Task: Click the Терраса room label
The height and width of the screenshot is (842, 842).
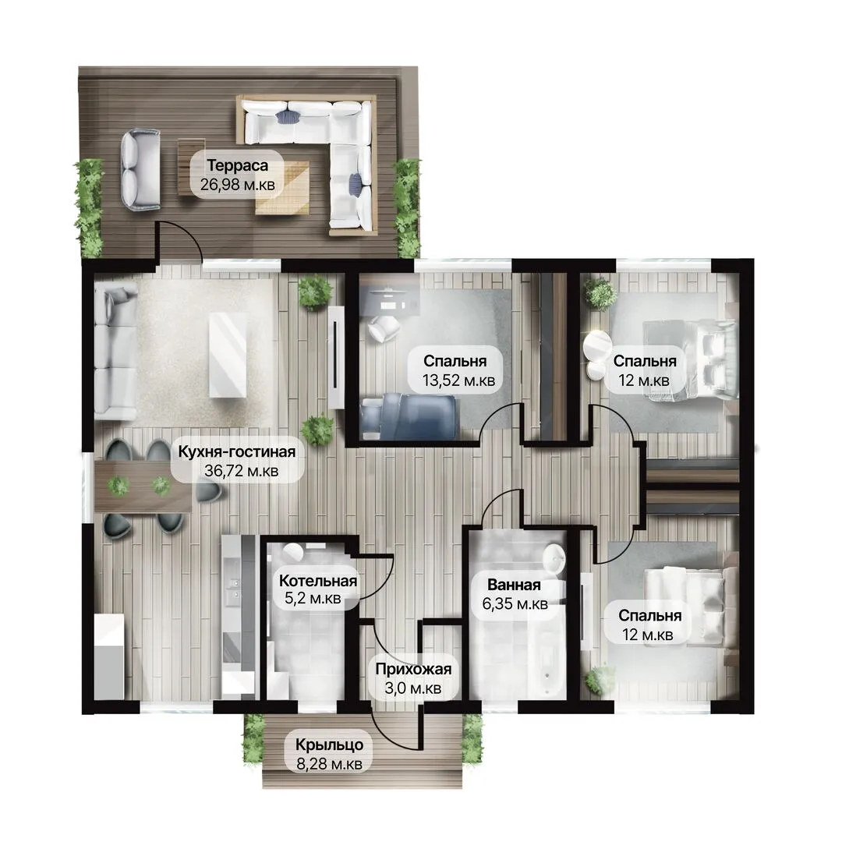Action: [x=237, y=165]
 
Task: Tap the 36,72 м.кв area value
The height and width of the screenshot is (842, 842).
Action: [x=241, y=471]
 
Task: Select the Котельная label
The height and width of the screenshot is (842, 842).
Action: [x=318, y=581]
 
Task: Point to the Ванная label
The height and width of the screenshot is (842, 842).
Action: [x=514, y=585]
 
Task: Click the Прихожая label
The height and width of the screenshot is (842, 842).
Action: [x=413, y=669]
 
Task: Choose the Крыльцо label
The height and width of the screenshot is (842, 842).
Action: [x=329, y=745]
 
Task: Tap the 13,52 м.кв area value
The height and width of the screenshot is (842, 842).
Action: [x=458, y=380]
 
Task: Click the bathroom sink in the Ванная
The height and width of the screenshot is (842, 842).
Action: [x=554, y=561]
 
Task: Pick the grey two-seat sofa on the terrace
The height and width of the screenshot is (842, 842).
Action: [x=140, y=169]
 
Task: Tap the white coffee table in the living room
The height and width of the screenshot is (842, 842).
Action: [x=228, y=356]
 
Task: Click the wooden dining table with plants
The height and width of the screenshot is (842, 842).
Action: [x=143, y=486]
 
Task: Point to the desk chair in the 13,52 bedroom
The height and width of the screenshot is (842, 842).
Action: [x=384, y=327]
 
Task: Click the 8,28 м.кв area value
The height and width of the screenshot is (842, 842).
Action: [x=329, y=763]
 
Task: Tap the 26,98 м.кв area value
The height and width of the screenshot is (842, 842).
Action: [x=237, y=185]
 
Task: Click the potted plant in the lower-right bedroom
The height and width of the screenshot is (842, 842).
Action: [x=600, y=679]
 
